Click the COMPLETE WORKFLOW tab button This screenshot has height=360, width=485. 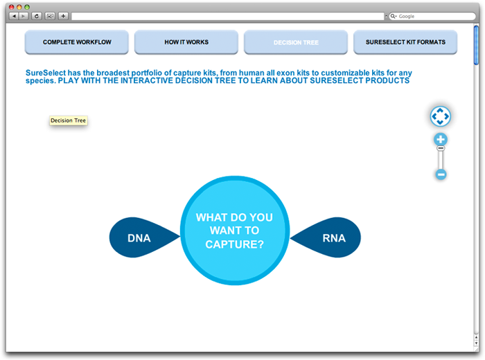tap(77, 42)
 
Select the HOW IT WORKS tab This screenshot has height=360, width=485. tap(186, 42)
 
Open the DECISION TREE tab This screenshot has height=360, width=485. tap(296, 42)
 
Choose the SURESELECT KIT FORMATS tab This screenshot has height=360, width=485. tap(405, 42)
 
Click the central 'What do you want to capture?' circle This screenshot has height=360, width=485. tap(235, 231)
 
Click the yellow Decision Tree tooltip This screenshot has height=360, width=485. tap(69, 120)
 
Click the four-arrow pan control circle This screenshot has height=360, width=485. tap(440, 116)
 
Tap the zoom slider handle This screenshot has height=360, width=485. tap(441, 148)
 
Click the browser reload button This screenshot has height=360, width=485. tap(37, 16)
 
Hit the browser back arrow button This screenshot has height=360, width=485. tap(14, 16)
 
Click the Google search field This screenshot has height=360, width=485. tap(432, 16)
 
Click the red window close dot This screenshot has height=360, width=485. tap(12, 7)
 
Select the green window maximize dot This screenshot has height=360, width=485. tap(27, 7)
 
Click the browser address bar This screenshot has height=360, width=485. tap(228, 16)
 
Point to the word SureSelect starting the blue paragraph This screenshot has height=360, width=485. tap(46, 73)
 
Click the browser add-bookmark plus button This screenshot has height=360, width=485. tap(63, 16)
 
